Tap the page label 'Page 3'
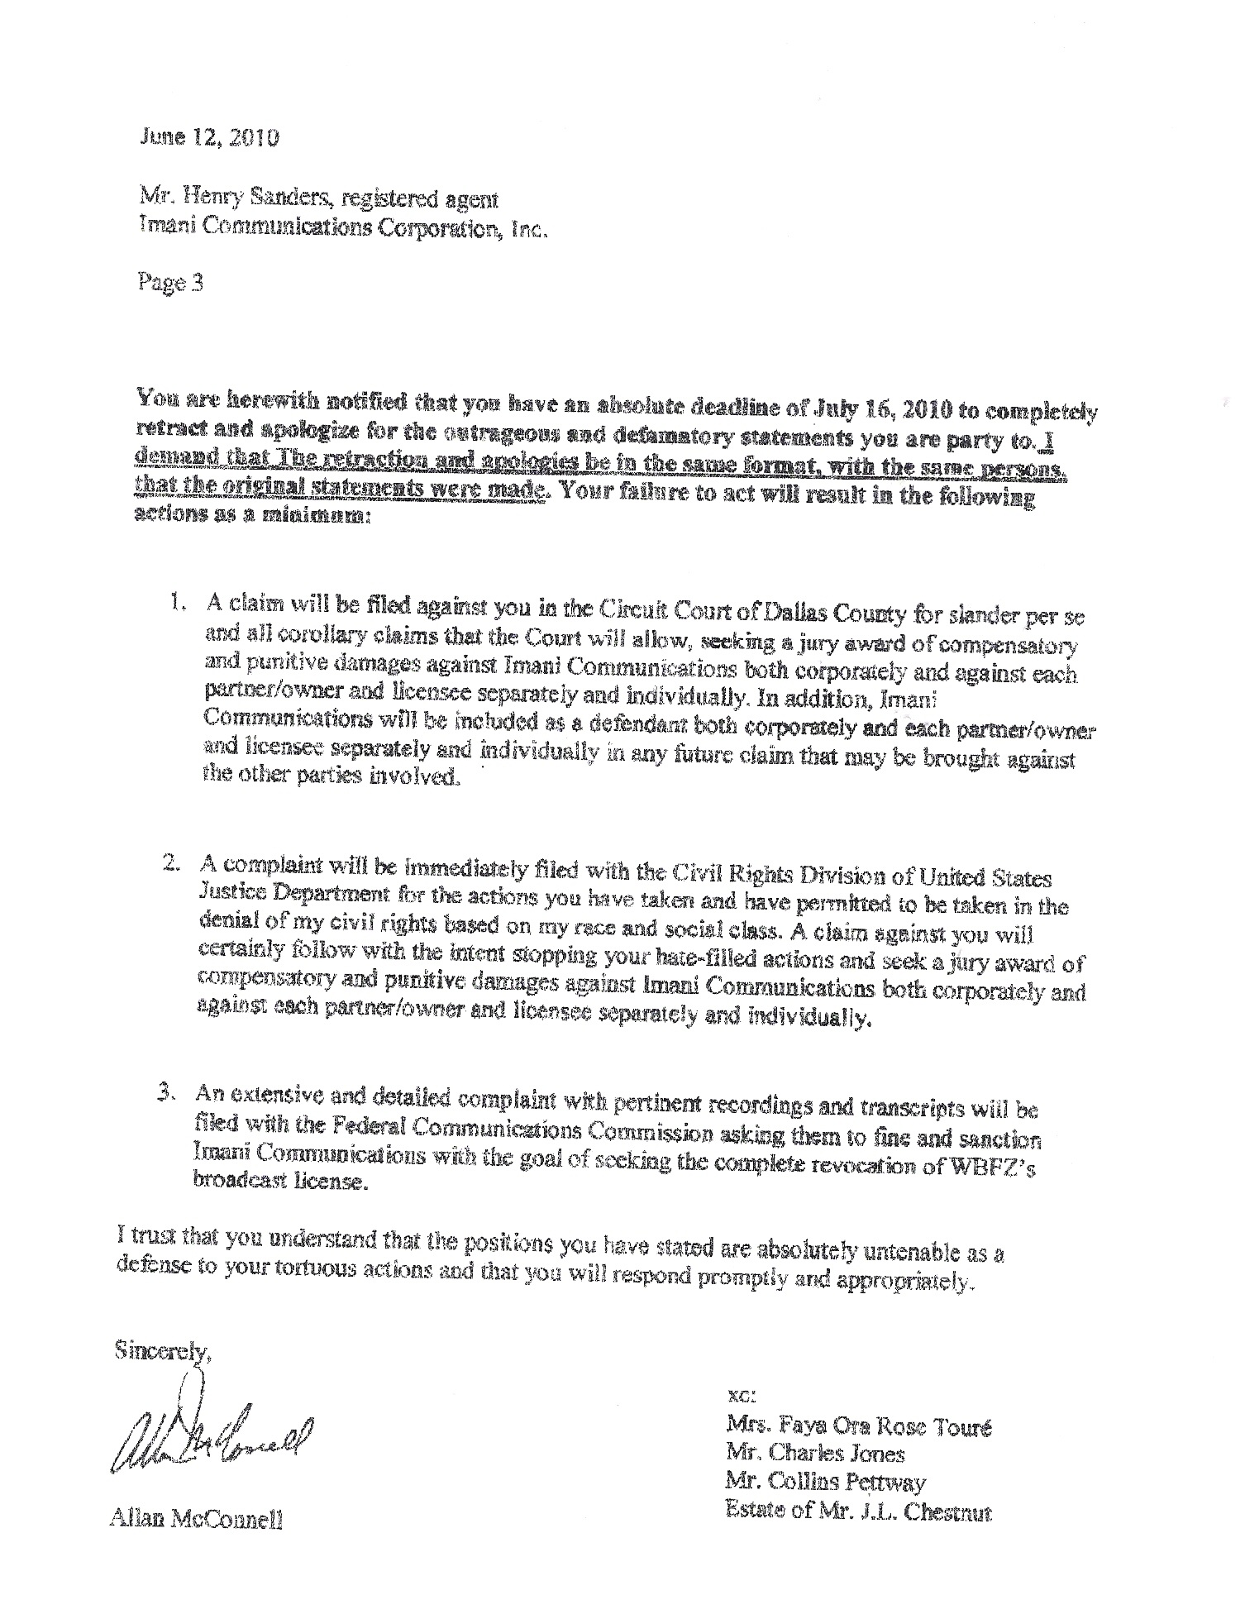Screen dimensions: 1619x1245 [x=169, y=284]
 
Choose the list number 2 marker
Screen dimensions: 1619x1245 [x=171, y=863]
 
